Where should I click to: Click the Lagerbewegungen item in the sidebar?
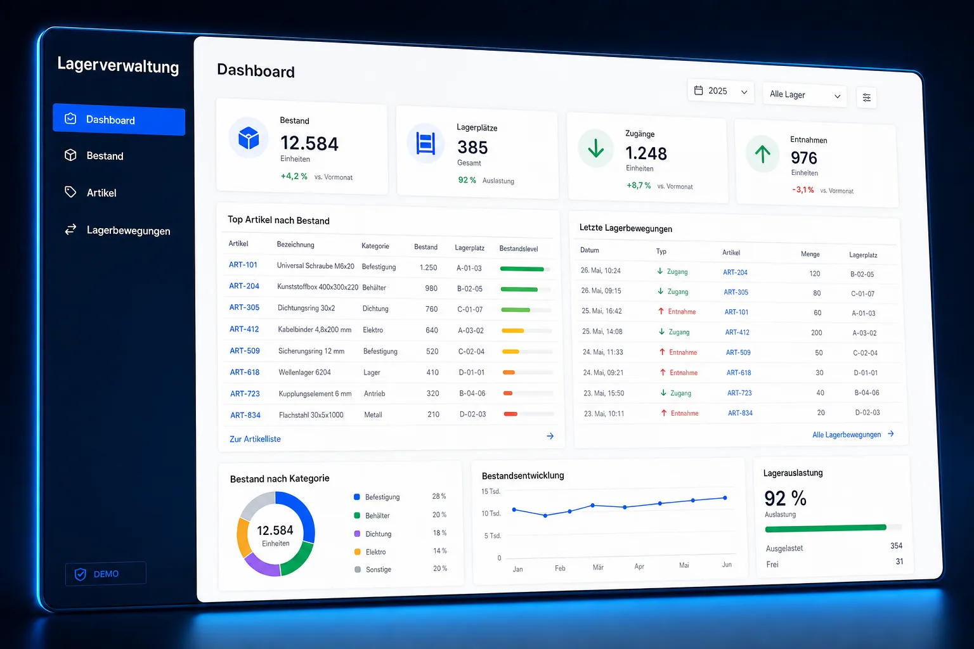117,230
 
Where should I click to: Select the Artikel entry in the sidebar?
91,192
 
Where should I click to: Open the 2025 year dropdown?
720,91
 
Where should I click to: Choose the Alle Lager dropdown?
805,95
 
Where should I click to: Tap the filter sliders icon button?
867,98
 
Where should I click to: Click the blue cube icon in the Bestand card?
249,138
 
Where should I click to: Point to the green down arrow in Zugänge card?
595,149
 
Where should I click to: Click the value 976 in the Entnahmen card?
804,157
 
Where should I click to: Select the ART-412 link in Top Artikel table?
244,329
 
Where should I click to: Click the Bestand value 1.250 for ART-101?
428,267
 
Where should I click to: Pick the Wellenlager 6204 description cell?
305,372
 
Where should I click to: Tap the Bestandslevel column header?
519,248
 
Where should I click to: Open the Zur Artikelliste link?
256,439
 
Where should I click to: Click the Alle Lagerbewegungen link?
847,435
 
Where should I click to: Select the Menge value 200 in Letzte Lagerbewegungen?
816,333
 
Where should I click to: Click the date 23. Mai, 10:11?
604,413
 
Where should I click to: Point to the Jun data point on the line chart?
725,498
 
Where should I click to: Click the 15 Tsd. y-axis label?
491,491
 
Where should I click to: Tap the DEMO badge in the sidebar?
106,574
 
